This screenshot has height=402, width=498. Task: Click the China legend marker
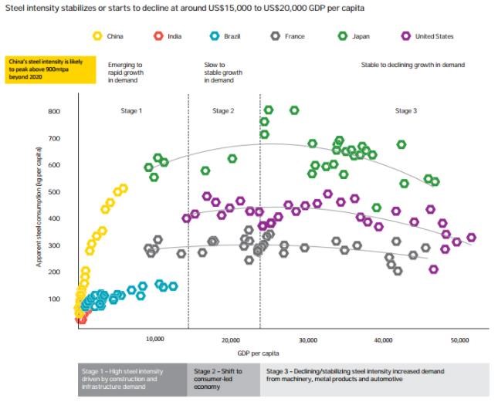tap(97, 35)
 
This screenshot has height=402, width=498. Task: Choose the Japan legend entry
tap(342, 35)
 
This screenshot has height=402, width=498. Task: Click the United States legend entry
tap(407, 35)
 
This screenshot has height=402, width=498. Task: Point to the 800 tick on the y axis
tap(53, 112)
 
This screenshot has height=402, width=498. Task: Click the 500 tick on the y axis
tap(53, 192)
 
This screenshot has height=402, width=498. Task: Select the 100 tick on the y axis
tap(53, 299)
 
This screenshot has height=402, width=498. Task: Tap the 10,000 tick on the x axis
tap(154, 340)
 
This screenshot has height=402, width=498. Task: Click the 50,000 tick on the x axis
tap(459, 340)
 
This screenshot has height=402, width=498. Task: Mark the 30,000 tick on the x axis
tap(307, 340)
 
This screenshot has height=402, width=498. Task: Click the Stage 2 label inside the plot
tap(223, 111)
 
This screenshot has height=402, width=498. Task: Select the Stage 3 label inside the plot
tap(405, 111)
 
